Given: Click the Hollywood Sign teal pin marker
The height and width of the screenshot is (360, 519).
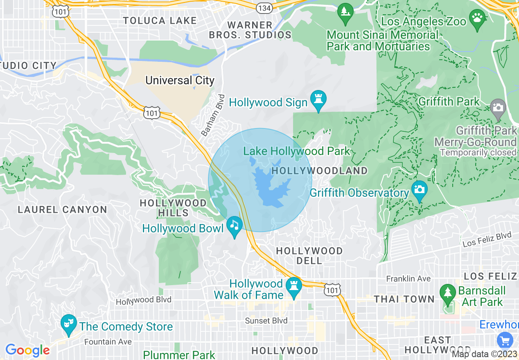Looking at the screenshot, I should tap(318, 99).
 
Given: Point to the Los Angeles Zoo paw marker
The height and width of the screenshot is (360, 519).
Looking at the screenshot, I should tap(477, 18).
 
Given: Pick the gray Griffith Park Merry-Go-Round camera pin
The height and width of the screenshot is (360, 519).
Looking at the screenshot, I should tap(498, 108).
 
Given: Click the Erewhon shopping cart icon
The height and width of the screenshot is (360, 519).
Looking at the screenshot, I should tap(505, 340).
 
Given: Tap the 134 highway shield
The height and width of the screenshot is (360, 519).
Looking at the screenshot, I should tap(264, 7).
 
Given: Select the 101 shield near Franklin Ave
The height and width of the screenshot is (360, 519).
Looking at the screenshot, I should tap(332, 290).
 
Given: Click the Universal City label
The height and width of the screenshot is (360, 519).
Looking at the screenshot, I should tap(180, 80).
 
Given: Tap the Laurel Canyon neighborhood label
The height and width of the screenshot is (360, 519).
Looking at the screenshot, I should tap(62, 209).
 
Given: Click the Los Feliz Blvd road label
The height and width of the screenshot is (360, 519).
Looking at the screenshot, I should tap(487, 239).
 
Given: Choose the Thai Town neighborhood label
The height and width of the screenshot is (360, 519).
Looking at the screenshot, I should tap(404, 299).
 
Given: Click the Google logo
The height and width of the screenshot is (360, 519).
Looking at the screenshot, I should tap(27, 350).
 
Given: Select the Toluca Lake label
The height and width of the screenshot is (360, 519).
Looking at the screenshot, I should tap(160, 20).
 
